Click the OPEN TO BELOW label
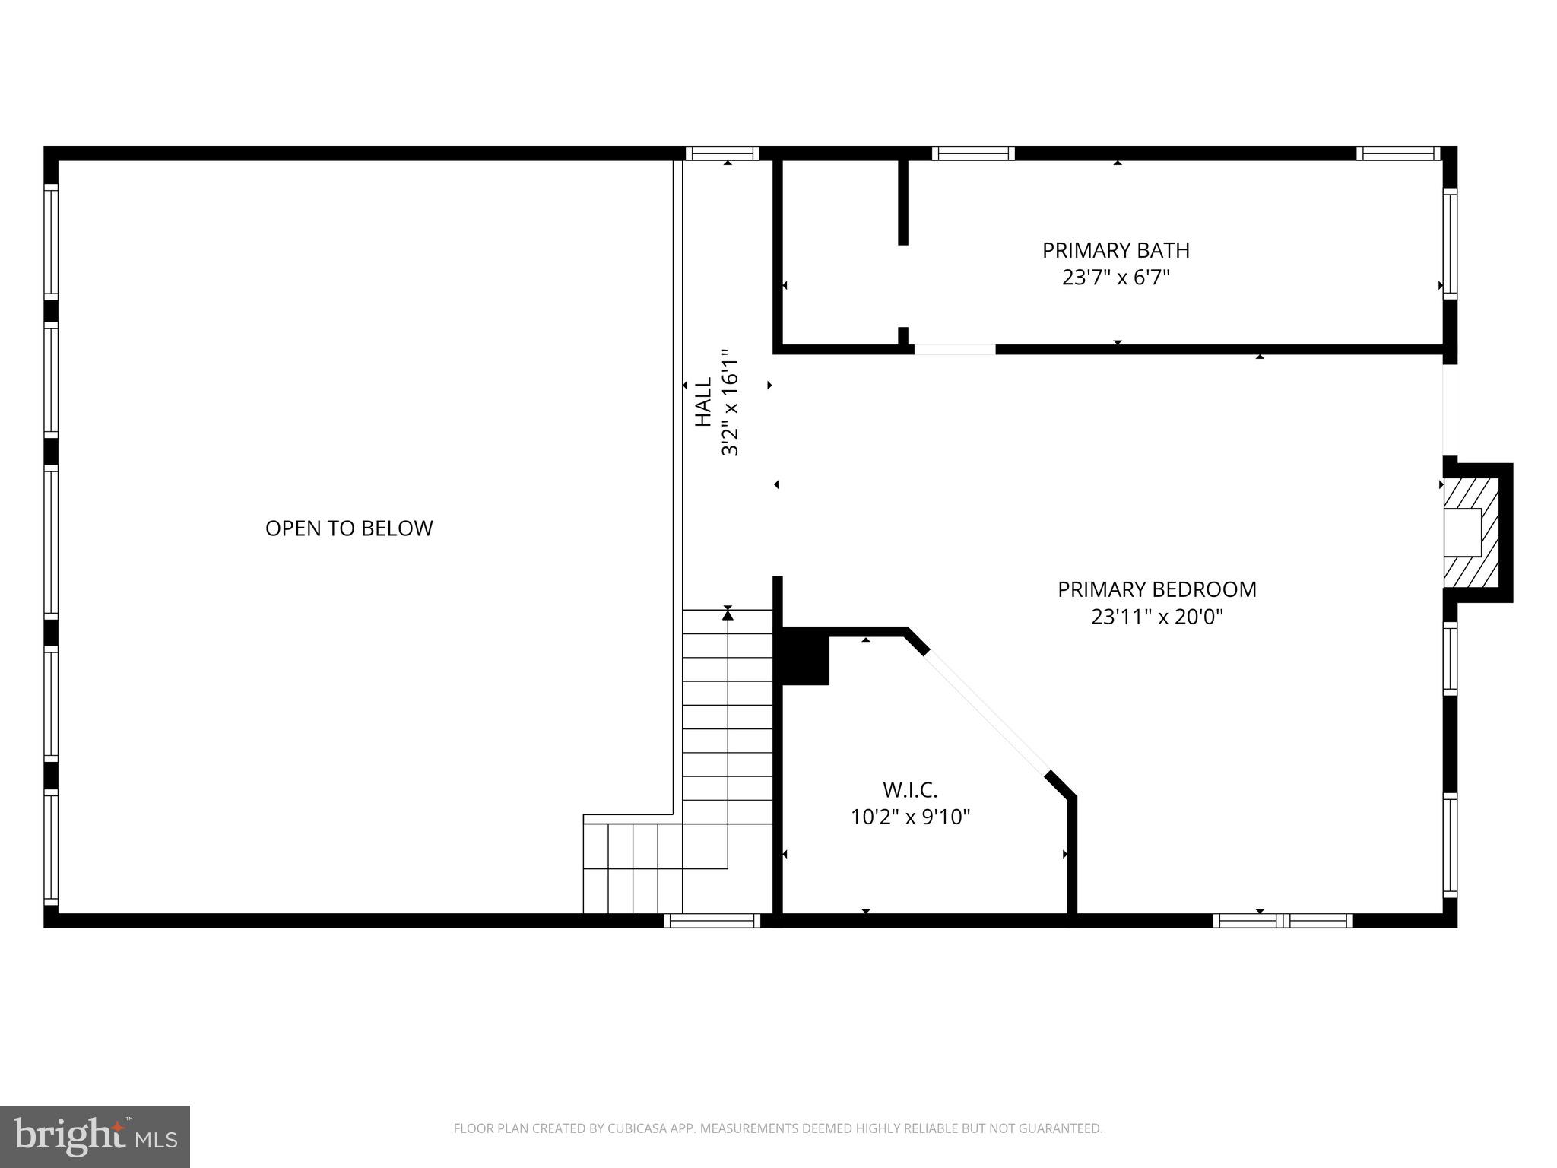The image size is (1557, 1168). (x=349, y=528)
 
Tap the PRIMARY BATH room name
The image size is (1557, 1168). (x=1115, y=250)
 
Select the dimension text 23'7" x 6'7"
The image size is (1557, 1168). (x=1115, y=278)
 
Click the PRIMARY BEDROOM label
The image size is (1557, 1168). (x=1156, y=589)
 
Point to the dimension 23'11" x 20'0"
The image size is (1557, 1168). (x=1156, y=617)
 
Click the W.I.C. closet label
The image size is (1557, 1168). (x=910, y=790)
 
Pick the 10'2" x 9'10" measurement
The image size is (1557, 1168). (x=910, y=817)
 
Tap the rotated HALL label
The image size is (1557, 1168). (x=704, y=402)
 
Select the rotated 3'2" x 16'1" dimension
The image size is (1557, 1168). (x=730, y=402)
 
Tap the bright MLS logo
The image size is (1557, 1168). (x=95, y=1137)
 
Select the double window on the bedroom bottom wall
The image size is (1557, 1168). (x=1283, y=921)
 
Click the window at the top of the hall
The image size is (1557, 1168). (x=722, y=153)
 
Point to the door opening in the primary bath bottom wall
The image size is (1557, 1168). (x=954, y=350)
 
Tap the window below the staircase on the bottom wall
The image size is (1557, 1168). (x=712, y=921)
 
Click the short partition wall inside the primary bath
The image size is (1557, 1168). (x=902, y=202)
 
